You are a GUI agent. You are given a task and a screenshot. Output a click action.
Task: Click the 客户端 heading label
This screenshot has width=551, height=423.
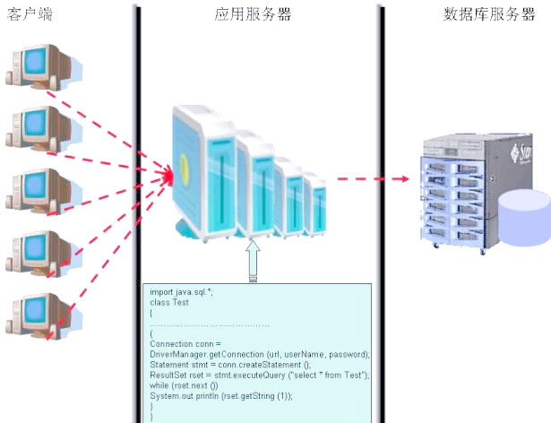27,15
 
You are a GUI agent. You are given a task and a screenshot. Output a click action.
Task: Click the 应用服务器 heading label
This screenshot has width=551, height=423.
253,15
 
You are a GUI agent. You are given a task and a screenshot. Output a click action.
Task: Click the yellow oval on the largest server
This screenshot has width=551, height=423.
185,165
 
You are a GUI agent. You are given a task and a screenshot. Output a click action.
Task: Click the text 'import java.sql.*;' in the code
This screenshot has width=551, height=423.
181,293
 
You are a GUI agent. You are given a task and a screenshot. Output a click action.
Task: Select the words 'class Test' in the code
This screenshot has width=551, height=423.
169,303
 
